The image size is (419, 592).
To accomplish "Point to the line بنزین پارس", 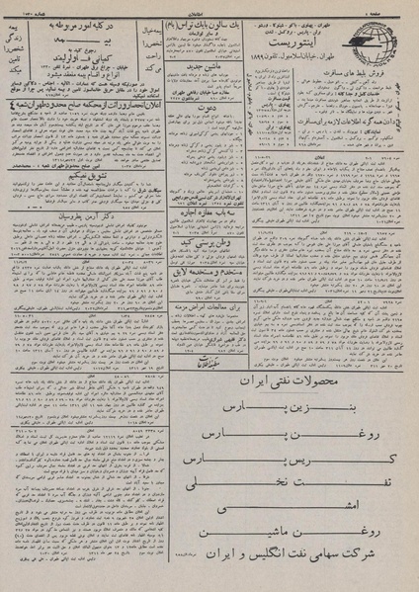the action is pos(307,406).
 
